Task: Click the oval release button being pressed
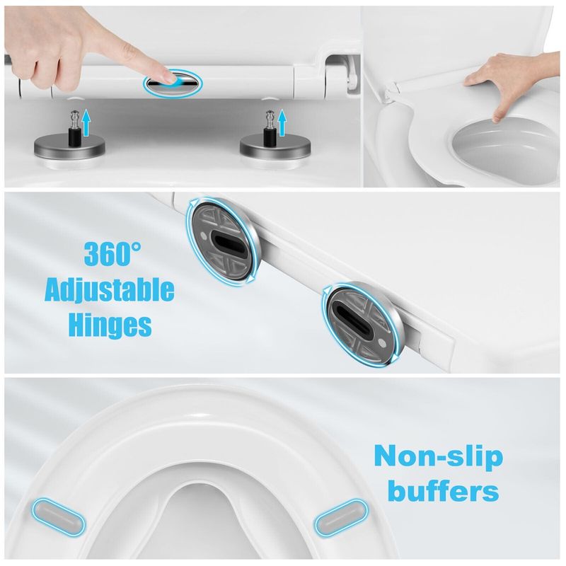(x=173, y=82)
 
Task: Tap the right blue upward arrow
(x=283, y=122)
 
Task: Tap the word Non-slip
(x=438, y=456)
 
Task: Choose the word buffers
(x=437, y=490)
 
